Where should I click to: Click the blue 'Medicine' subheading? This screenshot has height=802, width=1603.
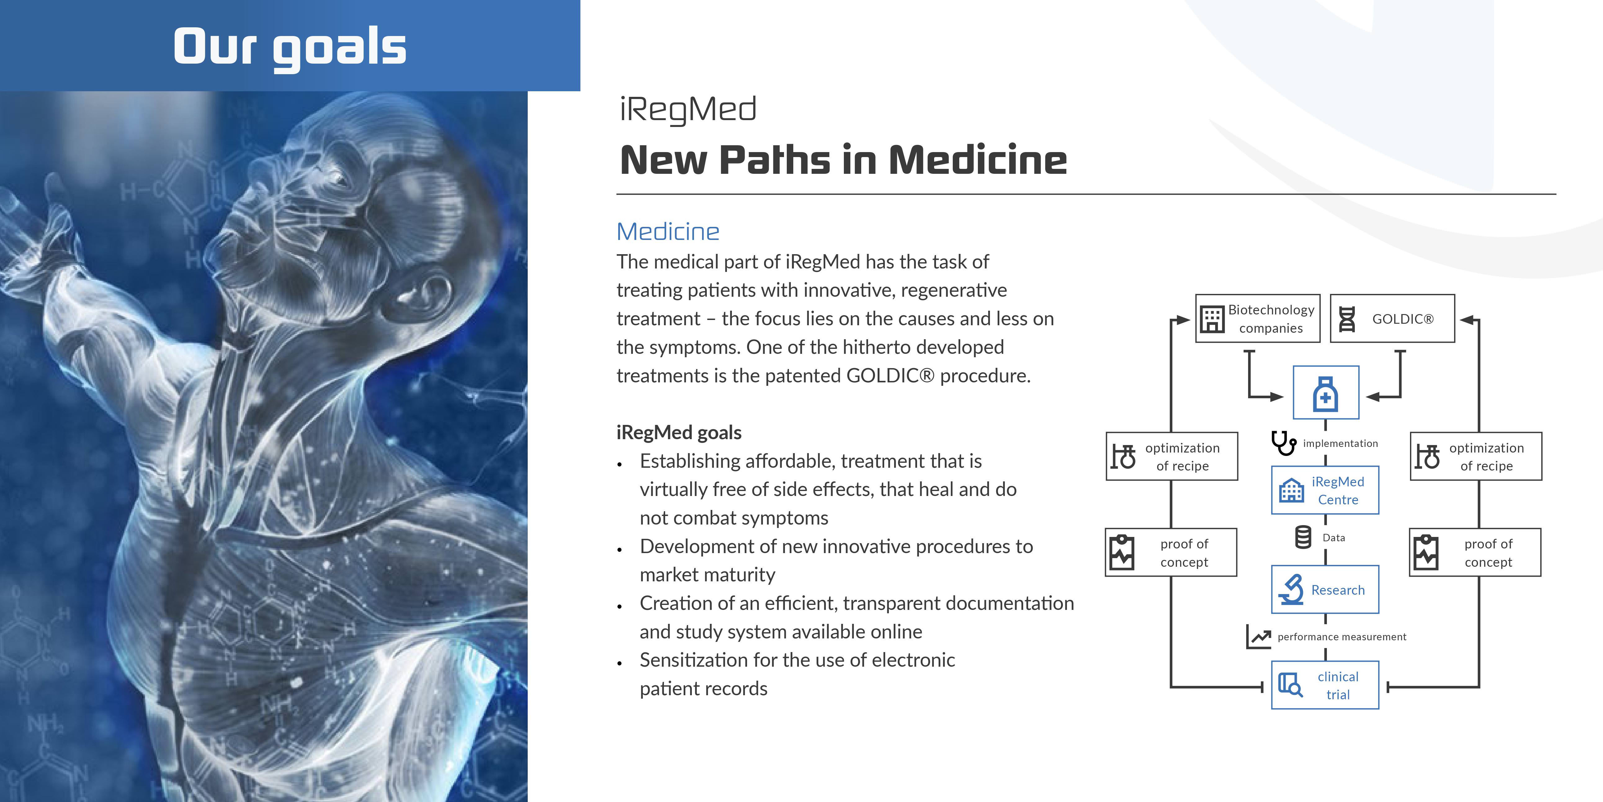[x=668, y=232]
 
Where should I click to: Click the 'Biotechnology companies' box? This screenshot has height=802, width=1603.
[x=1258, y=318]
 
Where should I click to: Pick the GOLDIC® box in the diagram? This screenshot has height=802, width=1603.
[x=1392, y=318]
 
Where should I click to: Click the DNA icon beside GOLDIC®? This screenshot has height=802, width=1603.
[x=1347, y=319]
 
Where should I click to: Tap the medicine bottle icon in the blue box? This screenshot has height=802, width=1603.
[x=1325, y=394]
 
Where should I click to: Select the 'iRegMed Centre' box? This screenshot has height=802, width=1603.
[x=1325, y=490]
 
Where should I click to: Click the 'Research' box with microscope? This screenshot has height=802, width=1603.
[x=1325, y=589]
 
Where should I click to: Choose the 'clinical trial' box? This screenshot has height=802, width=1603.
[x=1325, y=685]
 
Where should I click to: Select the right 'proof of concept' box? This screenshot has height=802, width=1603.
[x=1475, y=552]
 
